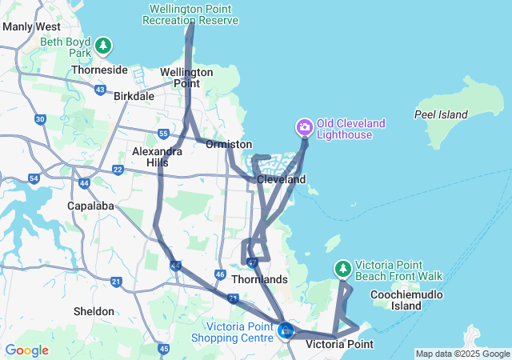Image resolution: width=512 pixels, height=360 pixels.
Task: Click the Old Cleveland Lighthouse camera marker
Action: [304, 126]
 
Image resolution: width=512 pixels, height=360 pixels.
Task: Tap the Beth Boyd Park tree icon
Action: [102, 46]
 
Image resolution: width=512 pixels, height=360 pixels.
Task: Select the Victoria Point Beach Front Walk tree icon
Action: [342, 268]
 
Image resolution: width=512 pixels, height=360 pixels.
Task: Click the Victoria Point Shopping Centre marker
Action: [286, 330]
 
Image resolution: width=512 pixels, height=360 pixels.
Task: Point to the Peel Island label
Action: [441, 114]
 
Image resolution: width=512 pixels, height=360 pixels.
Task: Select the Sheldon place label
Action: [94, 310]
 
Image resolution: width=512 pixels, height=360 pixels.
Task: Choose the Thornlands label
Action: [259, 279]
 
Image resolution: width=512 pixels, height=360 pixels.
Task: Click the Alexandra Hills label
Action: [150, 156]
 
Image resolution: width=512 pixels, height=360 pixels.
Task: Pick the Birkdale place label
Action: [134, 95]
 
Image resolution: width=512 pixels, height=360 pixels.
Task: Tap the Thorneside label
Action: [99, 70]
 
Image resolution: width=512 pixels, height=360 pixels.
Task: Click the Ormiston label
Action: [224, 145]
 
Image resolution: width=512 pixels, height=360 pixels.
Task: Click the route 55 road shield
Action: [163, 134]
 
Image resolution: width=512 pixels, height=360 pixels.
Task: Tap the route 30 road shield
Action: [40, 119]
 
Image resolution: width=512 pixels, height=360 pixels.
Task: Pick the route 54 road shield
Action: [34, 178]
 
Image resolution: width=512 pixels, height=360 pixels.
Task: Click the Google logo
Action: [26, 350]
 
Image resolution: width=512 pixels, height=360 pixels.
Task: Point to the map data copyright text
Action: [462, 354]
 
